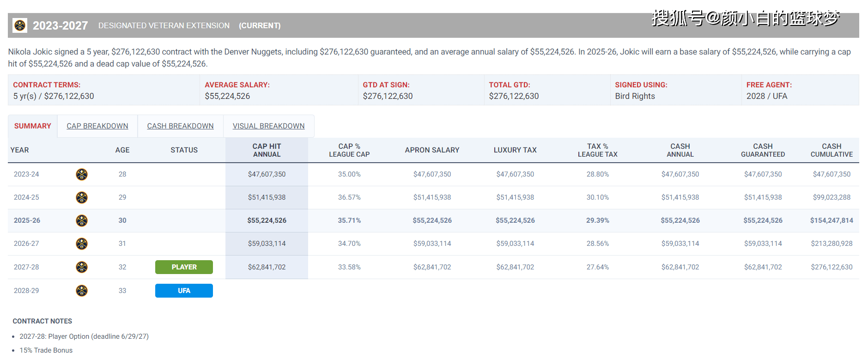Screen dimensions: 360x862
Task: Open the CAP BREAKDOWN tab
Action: point(97,126)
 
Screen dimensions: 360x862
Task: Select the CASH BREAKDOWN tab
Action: point(180,126)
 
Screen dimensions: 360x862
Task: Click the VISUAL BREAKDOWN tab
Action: point(268,126)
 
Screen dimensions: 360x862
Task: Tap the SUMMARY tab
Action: point(32,126)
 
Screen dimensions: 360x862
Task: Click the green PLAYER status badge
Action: point(184,267)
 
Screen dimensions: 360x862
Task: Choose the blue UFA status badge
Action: point(184,291)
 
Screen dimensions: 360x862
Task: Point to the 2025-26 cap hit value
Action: point(267,220)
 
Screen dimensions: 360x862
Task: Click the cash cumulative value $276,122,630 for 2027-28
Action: point(832,267)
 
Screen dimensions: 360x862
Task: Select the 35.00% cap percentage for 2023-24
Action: point(349,174)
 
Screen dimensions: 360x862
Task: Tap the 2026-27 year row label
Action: point(26,244)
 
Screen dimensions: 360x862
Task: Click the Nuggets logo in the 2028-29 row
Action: point(82,291)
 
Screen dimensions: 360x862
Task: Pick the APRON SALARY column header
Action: point(432,150)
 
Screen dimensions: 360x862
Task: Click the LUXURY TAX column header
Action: point(515,150)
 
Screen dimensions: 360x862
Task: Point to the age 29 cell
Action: point(122,197)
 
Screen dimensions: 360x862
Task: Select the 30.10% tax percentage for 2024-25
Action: point(598,197)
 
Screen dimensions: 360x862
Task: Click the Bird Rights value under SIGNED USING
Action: point(635,96)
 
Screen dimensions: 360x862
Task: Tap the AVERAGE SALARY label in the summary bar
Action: point(237,85)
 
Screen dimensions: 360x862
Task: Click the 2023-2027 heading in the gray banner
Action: point(60,25)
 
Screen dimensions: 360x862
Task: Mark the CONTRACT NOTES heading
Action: point(42,321)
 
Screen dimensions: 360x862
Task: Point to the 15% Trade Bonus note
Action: point(46,350)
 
